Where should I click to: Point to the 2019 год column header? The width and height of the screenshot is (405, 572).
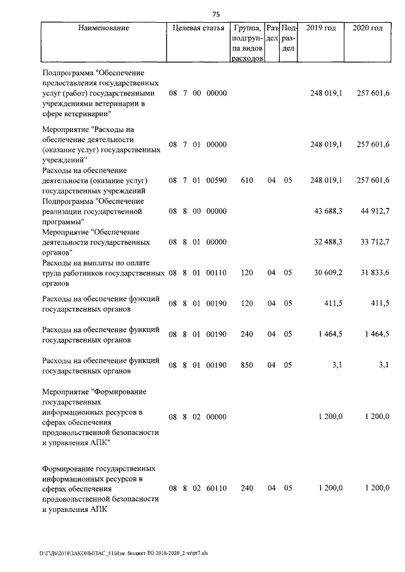pos(320,28)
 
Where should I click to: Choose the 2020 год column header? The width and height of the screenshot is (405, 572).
pos(367,28)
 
